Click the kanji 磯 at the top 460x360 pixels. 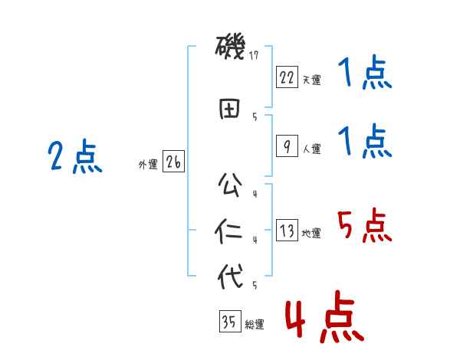coord(231,50)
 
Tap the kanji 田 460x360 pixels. coord(231,108)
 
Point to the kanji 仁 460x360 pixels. coord(231,231)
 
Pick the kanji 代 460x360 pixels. coord(231,276)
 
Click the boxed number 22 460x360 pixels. coord(286,77)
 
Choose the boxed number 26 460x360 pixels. coord(173,162)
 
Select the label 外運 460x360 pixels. coord(148,164)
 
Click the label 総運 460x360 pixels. coord(255,325)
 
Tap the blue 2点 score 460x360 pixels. coord(75,158)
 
